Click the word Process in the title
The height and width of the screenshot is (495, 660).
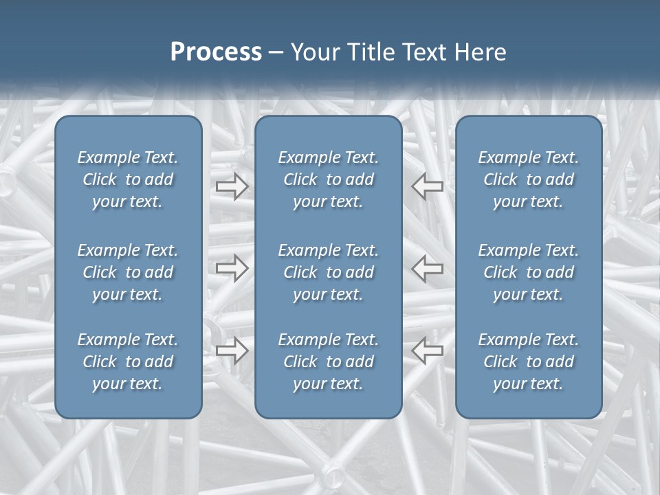[216, 52]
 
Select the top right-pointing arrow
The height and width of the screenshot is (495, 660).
[232, 186]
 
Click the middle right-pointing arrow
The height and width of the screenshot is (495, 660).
[232, 268]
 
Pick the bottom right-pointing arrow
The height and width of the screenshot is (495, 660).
[232, 351]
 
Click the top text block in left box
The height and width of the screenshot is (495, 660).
[128, 179]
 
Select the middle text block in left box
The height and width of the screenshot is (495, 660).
[128, 272]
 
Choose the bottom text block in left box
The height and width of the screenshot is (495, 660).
[128, 362]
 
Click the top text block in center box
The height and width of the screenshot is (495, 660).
[329, 179]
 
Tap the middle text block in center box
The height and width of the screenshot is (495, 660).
[329, 272]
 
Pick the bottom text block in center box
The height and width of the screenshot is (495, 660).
[329, 362]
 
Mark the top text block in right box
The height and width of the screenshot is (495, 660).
[529, 179]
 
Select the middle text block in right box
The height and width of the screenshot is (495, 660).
[529, 272]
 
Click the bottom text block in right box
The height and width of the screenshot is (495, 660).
[529, 362]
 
